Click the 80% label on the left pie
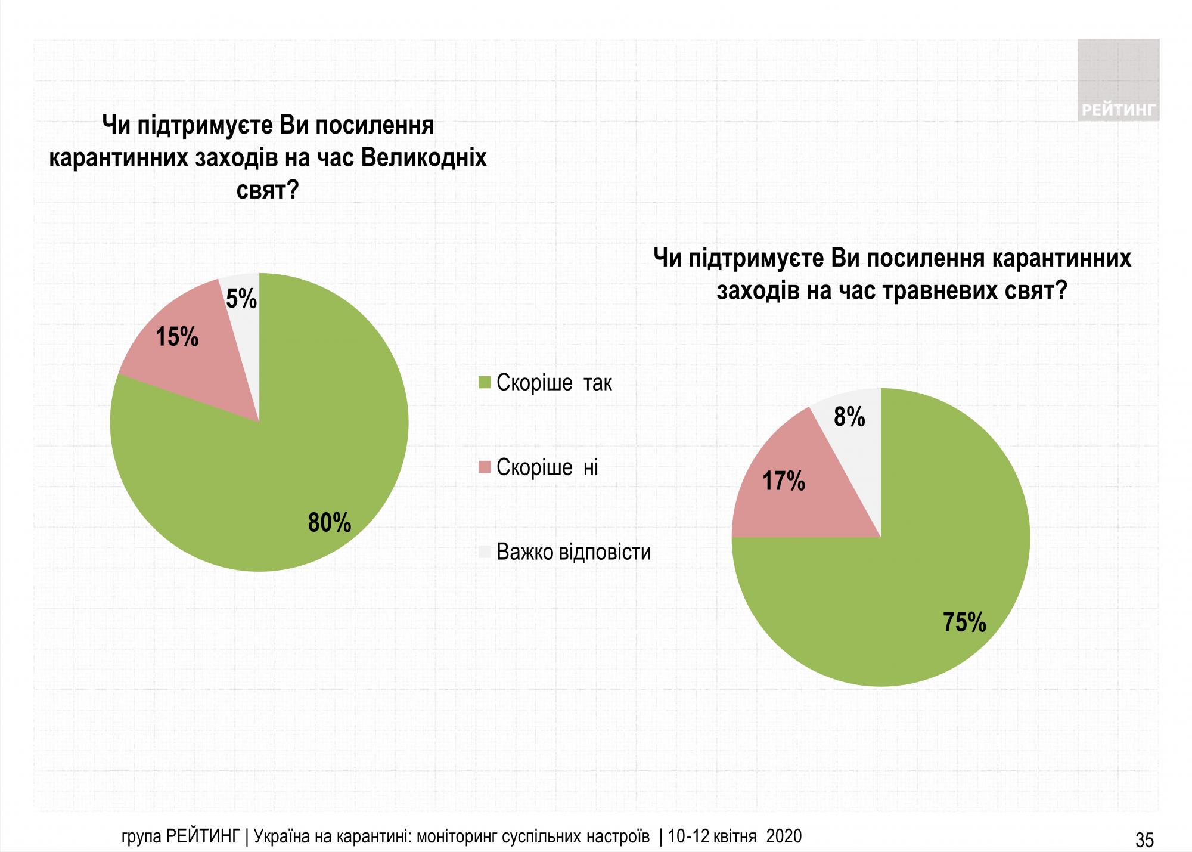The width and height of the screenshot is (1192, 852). [329, 523]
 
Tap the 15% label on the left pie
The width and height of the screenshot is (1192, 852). [177, 337]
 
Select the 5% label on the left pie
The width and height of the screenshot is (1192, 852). [241, 299]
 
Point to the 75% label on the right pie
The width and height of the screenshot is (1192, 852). [964, 622]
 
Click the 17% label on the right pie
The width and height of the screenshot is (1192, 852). [784, 481]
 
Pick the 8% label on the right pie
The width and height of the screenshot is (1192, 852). [849, 417]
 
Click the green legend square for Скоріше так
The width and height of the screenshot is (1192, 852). [485, 382]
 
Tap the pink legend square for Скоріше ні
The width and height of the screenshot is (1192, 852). [485, 467]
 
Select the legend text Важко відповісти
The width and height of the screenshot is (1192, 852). [573, 552]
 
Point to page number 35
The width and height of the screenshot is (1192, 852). [1144, 840]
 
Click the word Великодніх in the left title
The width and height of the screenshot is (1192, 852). [424, 159]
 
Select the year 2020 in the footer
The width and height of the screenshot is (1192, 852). [784, 836]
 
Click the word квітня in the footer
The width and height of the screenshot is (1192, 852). [735, 836]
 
